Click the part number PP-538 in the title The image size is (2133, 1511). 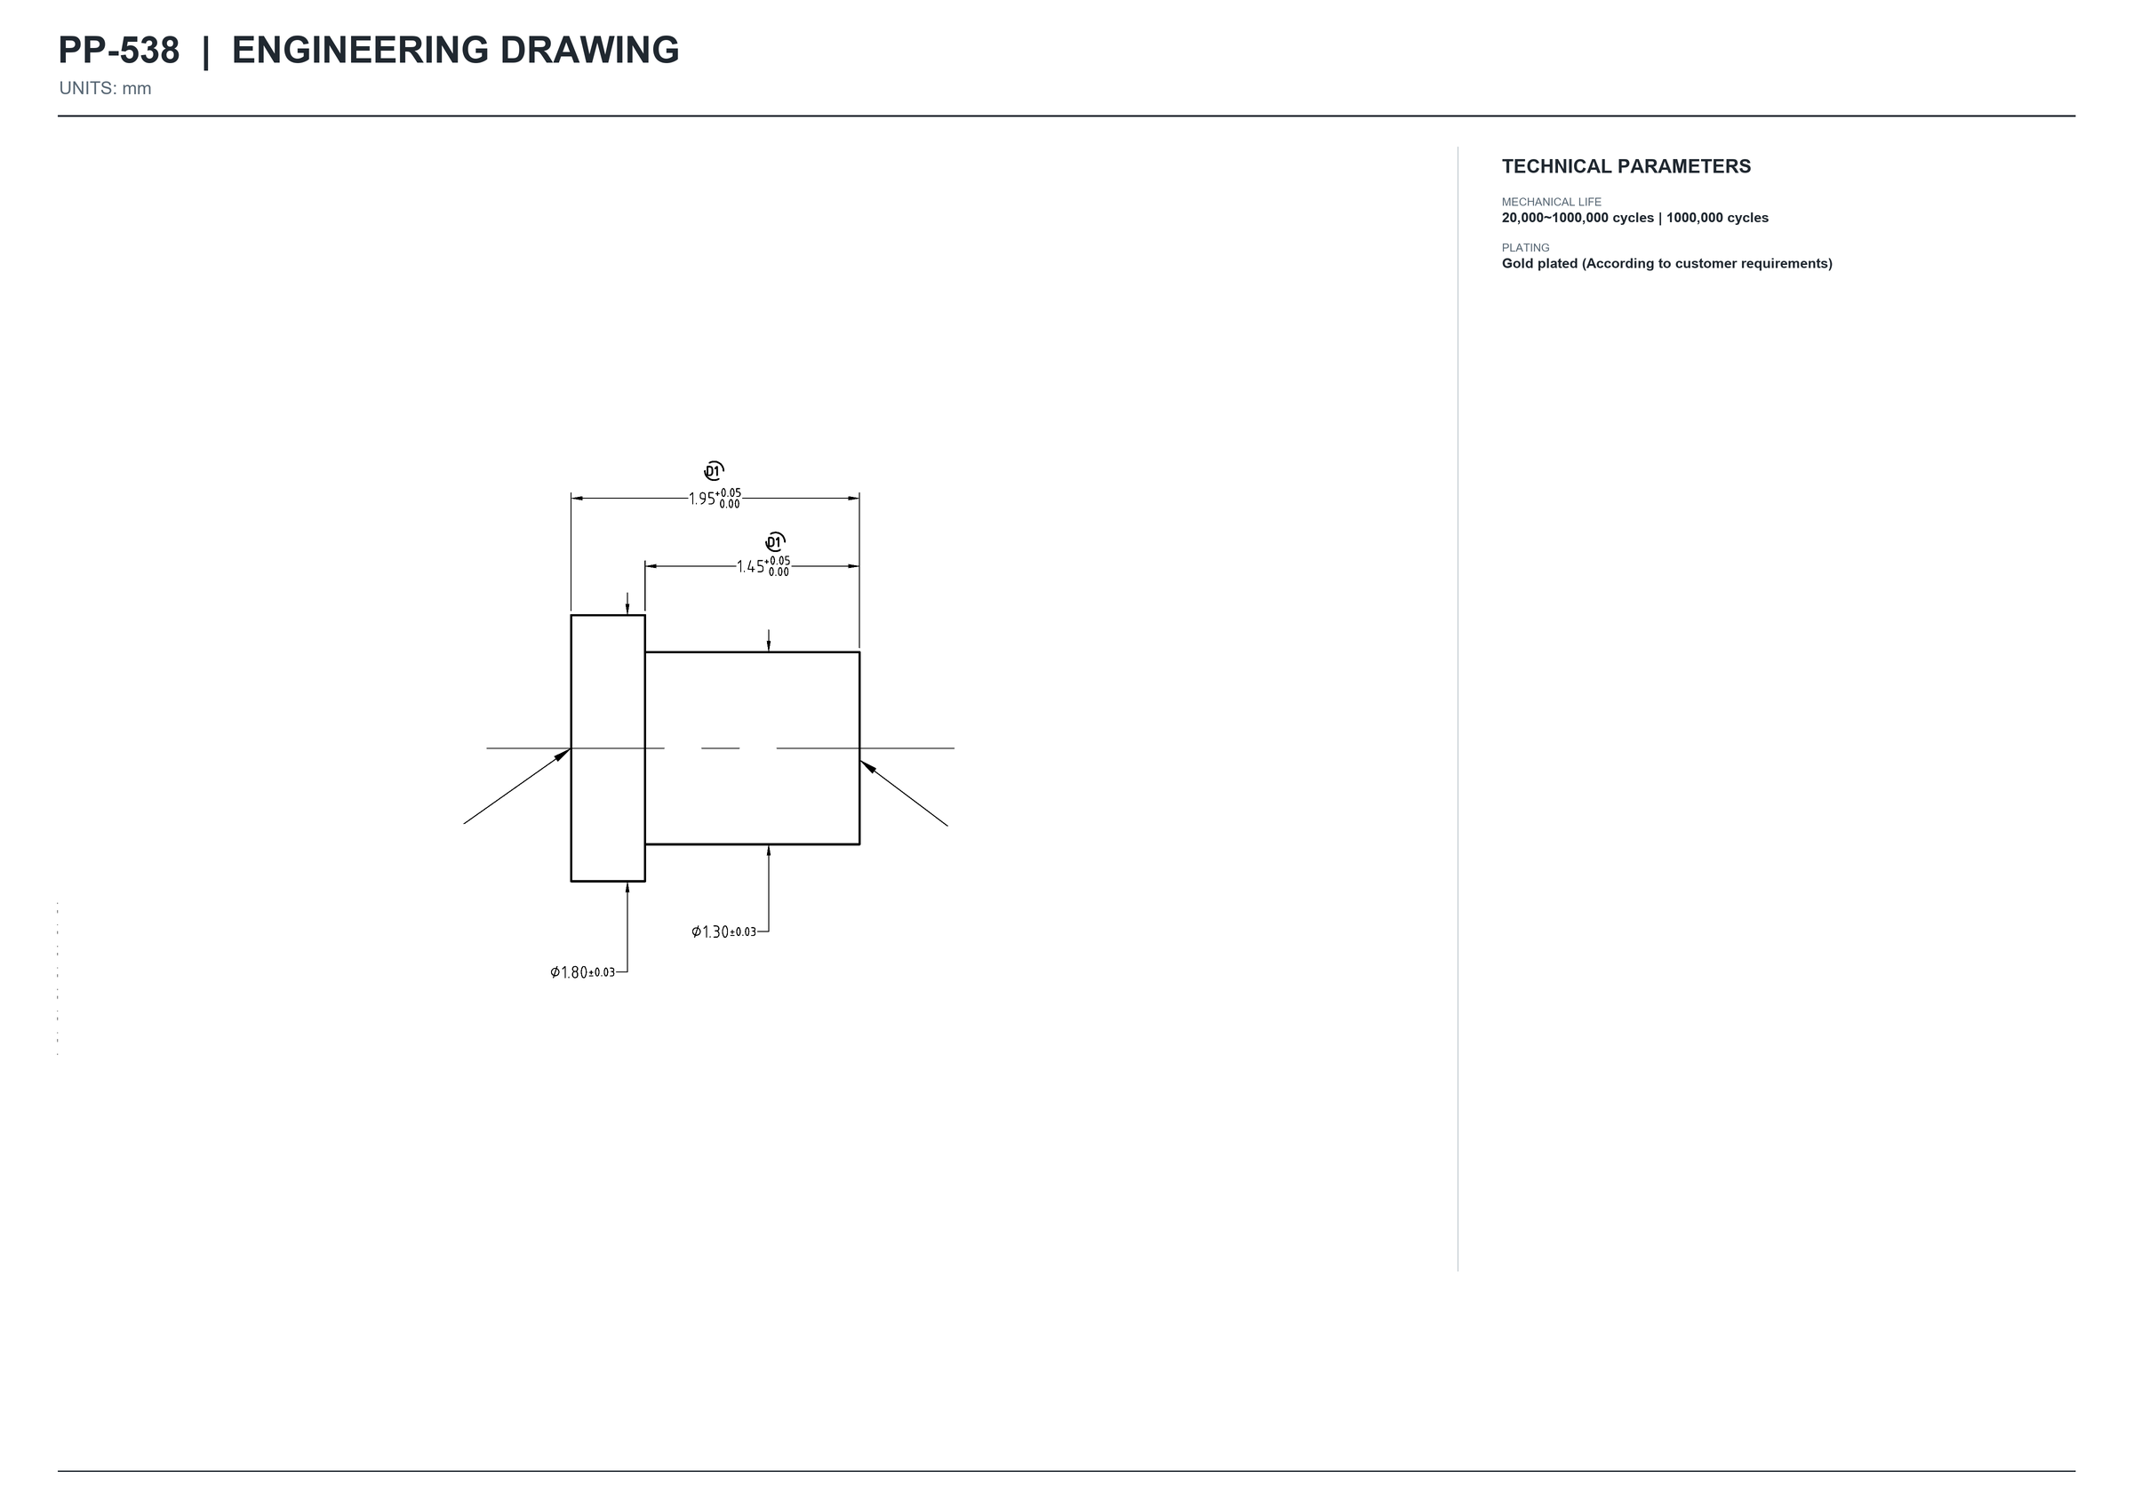[118, 51]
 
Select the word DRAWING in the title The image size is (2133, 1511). [589, 51]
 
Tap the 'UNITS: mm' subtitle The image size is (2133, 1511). [105, 88]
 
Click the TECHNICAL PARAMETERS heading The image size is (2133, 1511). [1626, 166]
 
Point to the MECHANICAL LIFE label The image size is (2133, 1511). [1552, 202]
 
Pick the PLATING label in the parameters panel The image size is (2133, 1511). [1526, 247]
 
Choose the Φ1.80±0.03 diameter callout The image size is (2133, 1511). [582, 972]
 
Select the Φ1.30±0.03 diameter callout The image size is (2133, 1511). [723, 931]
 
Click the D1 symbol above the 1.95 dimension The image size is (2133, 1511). [714, 471]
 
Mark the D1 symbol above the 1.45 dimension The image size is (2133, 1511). [775, 542]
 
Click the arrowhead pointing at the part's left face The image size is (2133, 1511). [562, 755]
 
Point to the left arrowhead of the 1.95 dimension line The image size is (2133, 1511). [577, 499]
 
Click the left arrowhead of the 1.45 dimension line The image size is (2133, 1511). [651, 565]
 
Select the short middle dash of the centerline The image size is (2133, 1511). [720, 748]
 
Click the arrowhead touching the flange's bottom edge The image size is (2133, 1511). [627, 888]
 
